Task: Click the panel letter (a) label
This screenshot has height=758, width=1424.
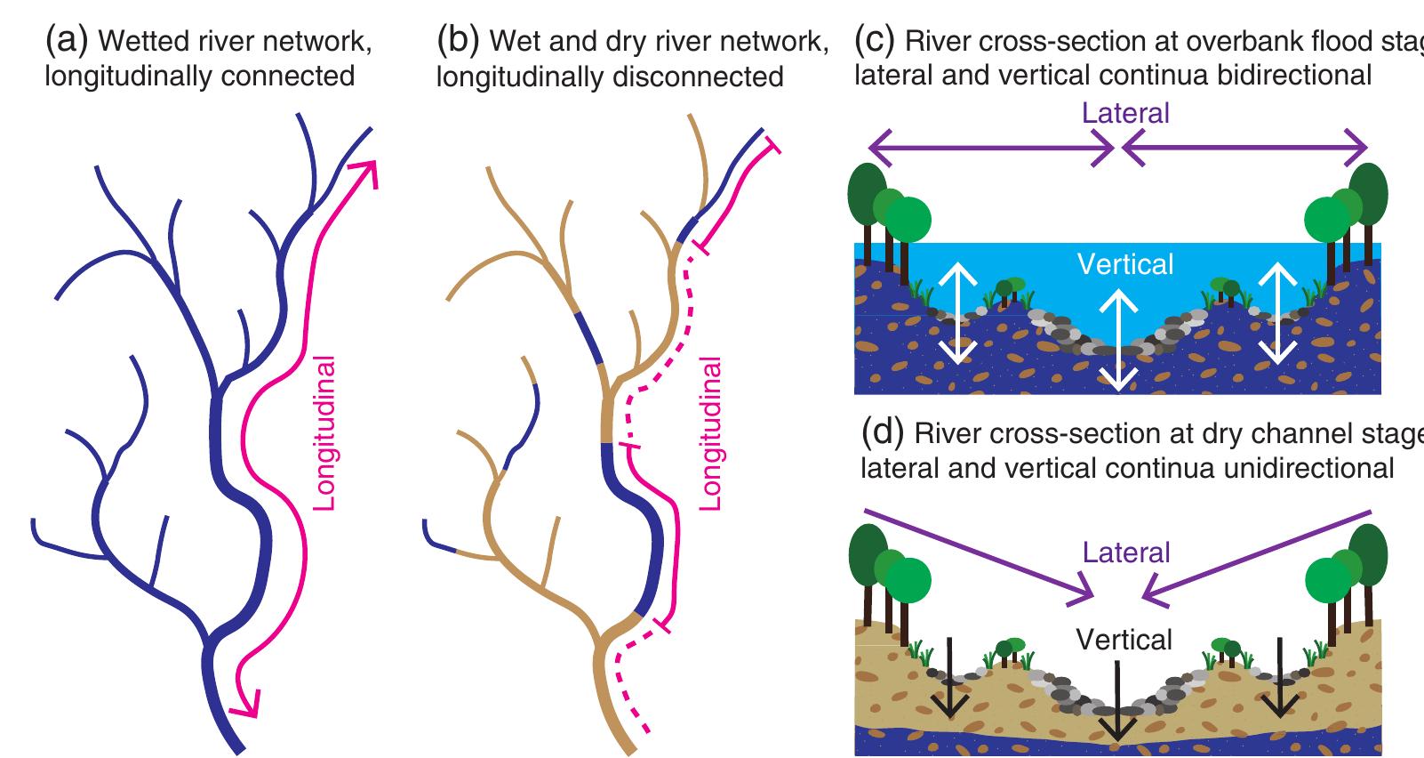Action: [x=67, y=40]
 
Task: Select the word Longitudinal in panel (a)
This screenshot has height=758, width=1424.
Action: [x=326, y=433]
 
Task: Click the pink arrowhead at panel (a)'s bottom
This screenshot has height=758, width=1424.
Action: [x=242, y=706]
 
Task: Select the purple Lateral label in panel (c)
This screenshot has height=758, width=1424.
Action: [x=1125, y=113]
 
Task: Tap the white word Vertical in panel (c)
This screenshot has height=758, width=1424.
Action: [x=1125, y=264]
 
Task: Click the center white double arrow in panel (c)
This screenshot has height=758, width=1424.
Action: [x=1117, y=342]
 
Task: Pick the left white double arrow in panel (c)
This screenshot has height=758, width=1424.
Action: [x=956, y=315]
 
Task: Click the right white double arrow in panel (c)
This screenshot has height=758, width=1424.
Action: [x=1279, y=315]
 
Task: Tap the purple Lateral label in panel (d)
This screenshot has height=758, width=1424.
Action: [x=1126, y=552]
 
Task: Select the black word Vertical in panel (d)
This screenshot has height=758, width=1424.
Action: [x=1124, y=640]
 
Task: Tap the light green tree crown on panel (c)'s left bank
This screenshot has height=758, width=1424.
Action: [x=908, y=218]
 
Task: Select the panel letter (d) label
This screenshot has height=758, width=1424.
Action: [x=883, y=433]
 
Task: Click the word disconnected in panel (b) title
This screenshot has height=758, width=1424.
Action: [x=696, y=77]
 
